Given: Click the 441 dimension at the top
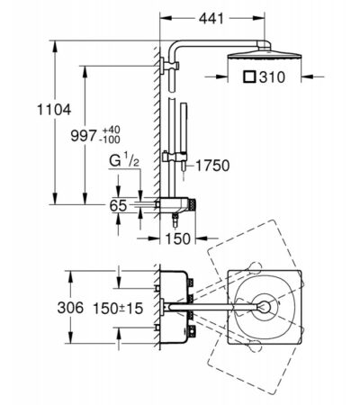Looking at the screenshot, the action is coord(211,19).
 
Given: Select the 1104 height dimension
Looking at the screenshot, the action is coord(54,110).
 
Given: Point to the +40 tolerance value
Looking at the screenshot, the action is coord(111,130).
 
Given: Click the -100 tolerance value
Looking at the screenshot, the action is coord(111,139).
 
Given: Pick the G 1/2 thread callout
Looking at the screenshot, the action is coord(124,160).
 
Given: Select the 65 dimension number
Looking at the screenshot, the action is coord(118,206).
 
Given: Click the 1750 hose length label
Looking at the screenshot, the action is coord(212,166).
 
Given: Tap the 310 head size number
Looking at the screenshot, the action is coord(272,77).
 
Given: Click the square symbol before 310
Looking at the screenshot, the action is coord(249,76).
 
